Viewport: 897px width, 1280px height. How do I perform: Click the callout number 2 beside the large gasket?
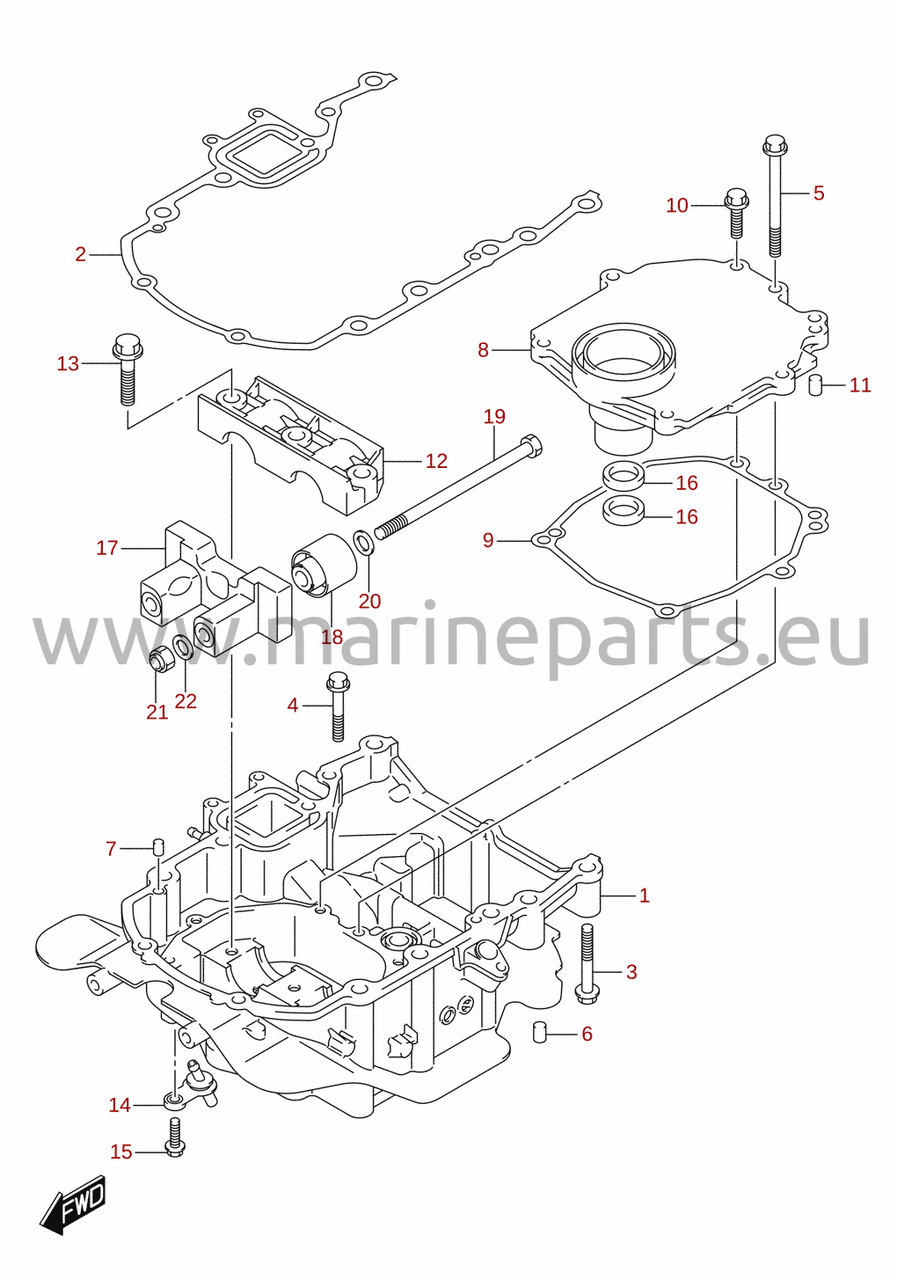[81, 254]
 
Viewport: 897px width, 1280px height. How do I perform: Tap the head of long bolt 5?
[775, 145]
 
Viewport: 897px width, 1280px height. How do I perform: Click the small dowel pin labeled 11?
[814, 384]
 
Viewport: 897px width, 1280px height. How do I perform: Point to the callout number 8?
[484, 350]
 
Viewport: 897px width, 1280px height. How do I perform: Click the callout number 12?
[436, 461]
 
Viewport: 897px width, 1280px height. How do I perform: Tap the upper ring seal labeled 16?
[624, 477]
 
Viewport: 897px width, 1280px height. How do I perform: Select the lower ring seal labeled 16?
[624, 509]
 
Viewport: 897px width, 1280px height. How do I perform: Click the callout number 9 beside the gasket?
[488, 540]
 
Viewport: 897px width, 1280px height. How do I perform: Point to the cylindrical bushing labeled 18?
[324, 565]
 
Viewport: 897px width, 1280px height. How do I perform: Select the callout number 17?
[106, 549]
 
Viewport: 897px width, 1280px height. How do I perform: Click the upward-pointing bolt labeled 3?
[587, 962]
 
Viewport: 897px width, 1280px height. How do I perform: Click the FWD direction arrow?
[73, 1205]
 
